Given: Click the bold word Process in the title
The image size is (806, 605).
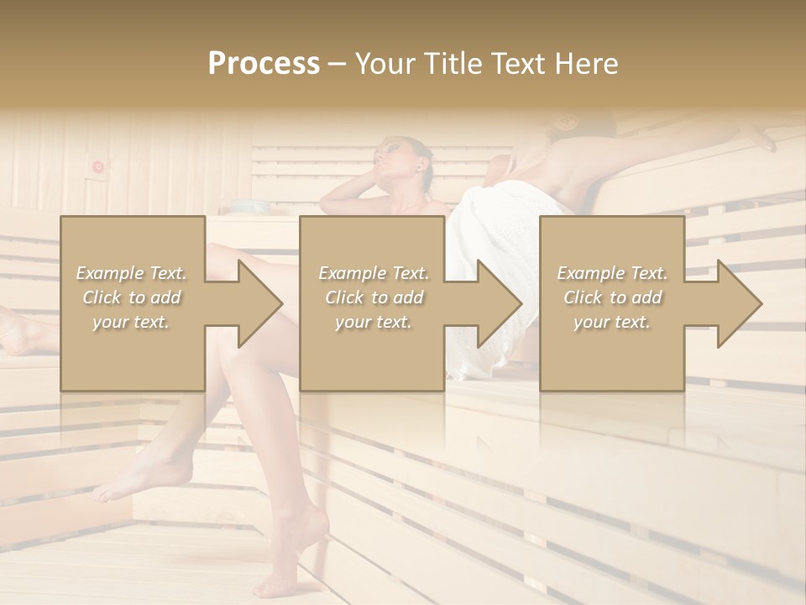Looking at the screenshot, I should pyautogui.click(x=264, y=64).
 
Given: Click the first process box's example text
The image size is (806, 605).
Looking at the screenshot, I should pyautogui.click(x=132, y=297).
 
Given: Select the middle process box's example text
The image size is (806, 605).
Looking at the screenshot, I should pyautogui.click(x=374, y=297).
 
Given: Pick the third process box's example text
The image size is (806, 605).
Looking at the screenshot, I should pyautogui.click(x=612, y=297).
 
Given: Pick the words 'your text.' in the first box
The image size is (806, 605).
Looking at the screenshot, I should pyautogui.click(x=132, y=322).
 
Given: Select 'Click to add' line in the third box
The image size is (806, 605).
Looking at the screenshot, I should pyautogui.click(x=612, y=297).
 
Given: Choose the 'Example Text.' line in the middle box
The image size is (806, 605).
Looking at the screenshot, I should pyautogui.click(x=374, y=273).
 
